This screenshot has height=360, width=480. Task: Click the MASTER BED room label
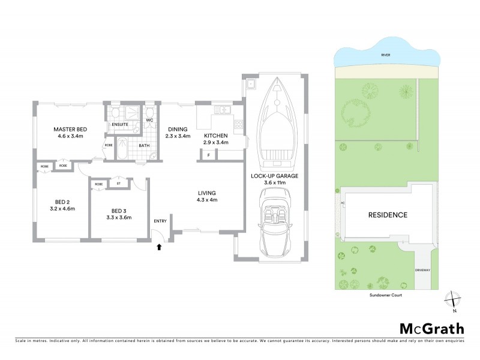click(x=70, y=130)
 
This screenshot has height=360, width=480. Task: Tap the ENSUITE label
click(x=120, y=125)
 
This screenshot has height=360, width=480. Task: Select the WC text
click(x=150, y=120)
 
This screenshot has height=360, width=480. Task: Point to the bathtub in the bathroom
click(x=121, y=148)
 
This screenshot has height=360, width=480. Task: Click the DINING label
click(x=178, y=129)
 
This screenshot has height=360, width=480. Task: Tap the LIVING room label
click(x=207, y=193)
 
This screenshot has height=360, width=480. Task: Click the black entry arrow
click(x=160, y=245)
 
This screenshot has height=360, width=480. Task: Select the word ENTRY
click(x=160, y=221)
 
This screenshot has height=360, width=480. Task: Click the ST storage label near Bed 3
click(x=119, y=184)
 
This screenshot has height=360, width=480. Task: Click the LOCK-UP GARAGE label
click(x=274, y=176)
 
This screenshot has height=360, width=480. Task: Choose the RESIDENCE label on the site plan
click(x=388, y=215)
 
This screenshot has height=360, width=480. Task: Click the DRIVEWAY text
click(x=422, y=271)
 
